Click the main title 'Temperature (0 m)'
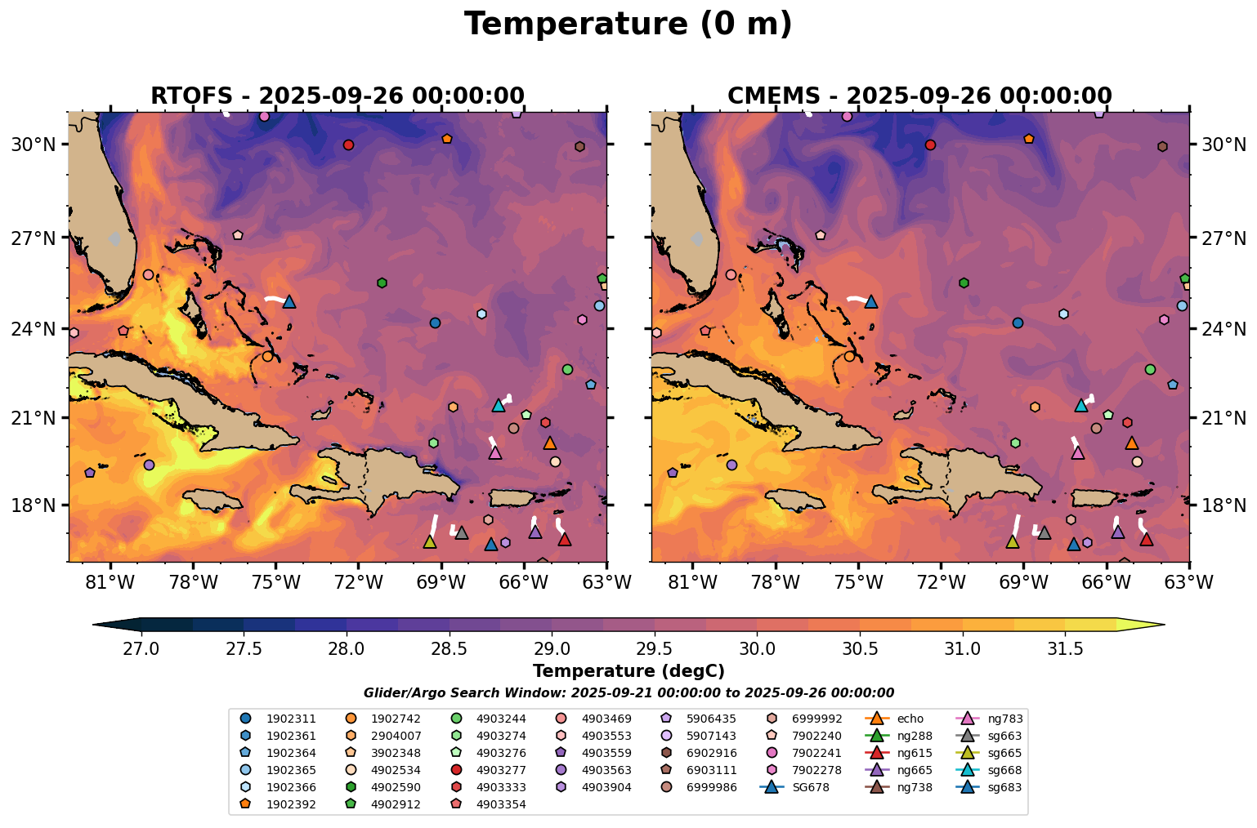(x=628, y=24)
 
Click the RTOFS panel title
(x=337, y=96)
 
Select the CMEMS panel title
(x=919, y=96)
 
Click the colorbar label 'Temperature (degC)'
(x=628, y=671)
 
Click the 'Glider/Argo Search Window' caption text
(x=628, y=692)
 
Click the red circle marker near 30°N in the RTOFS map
(x=348, y=145)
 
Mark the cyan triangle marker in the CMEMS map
(x=1080, y=405)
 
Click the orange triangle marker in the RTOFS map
(x=550, y=443)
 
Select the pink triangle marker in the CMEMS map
(x=1078, y=452)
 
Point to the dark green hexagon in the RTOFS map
(x=382, y=283)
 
